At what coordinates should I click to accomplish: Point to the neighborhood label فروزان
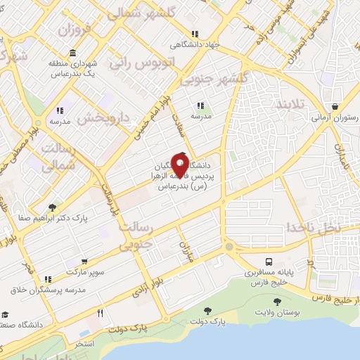tap(75, 30)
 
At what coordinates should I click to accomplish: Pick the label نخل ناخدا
tap(309, 229)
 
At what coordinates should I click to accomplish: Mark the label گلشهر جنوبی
tap(212, 79)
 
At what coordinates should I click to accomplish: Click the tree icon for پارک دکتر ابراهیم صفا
tap(52, 207)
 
